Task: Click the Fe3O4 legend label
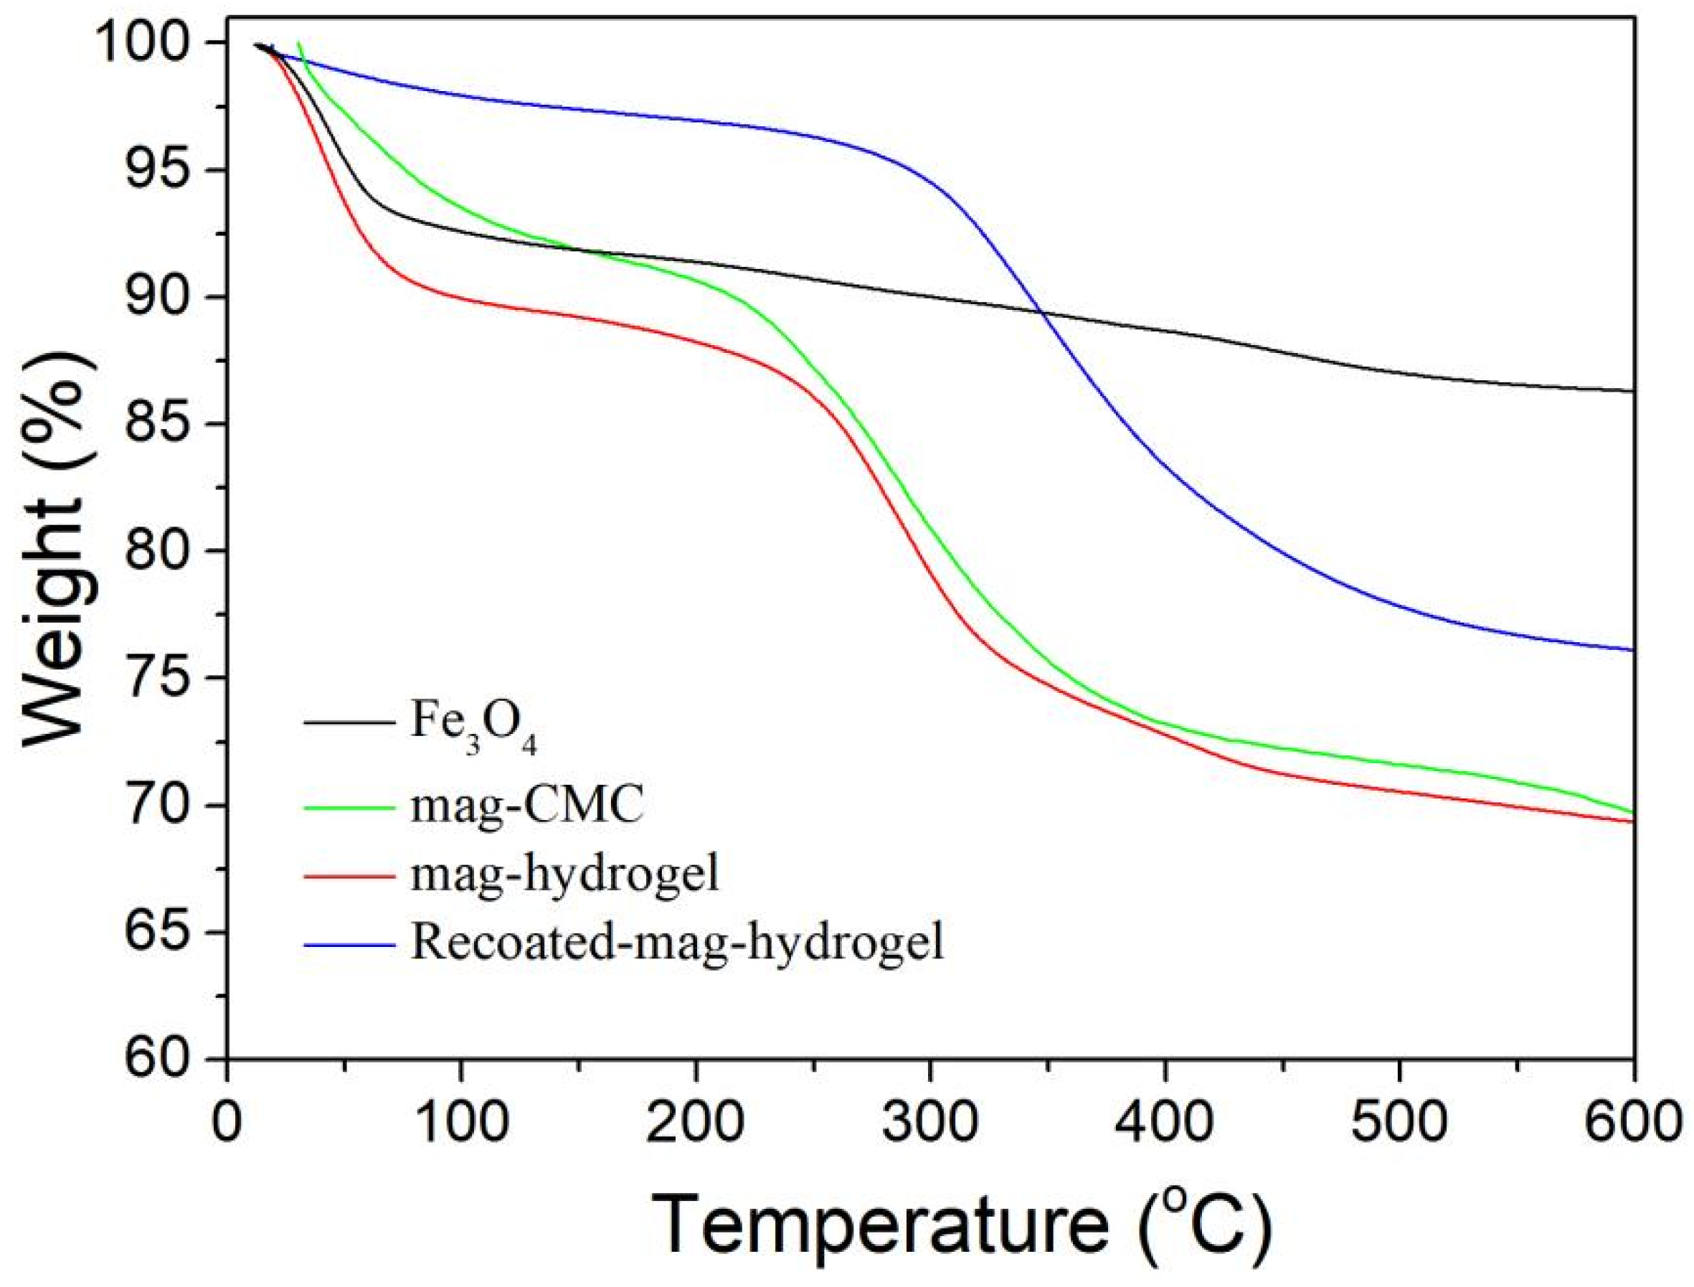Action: (473, 724)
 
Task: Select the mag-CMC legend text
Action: (527, 806)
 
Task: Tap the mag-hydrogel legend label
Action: (565, 873)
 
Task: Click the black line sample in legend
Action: (349, 722)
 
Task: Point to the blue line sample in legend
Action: (349, 944)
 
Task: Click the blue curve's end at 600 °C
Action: (1634, 650)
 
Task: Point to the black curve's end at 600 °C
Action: (1634, 391)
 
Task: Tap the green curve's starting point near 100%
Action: (298, 43)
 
